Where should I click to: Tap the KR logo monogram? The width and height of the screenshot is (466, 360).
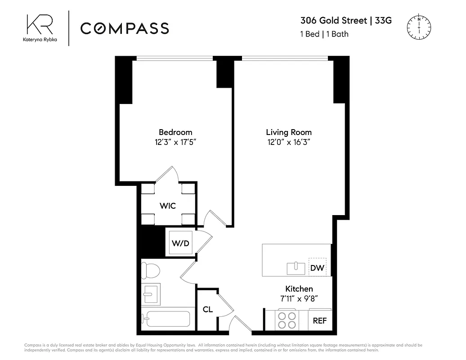coord(39,24)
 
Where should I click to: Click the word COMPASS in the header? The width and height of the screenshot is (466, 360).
coord(125,28)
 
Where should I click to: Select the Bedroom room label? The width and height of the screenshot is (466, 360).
coord(175,132)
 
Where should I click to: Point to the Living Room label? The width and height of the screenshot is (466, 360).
coord(289,132)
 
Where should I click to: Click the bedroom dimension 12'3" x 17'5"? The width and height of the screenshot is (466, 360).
coord(175,142)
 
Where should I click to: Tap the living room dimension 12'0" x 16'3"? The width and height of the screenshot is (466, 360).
coord(289,142)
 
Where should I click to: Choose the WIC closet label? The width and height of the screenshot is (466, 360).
coord(168,206)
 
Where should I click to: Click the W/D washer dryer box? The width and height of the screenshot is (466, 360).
coord(180,243)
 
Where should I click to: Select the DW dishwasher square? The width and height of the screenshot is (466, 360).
coord(318,268)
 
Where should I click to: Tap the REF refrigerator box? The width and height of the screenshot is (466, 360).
coord(320,321)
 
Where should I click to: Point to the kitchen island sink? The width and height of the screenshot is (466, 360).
coord(296,268)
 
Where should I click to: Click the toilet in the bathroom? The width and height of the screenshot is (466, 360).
coord(151,271)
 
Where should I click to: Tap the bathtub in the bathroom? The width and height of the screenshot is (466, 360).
coord(166,319)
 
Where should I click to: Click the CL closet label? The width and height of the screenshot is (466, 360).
coord(207,309)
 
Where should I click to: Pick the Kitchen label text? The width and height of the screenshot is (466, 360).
coord(299,288)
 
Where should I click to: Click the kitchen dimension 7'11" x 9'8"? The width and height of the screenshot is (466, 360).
coord(299,298)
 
